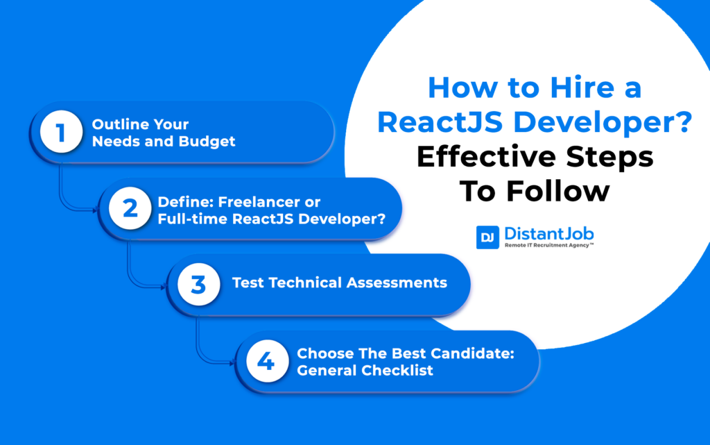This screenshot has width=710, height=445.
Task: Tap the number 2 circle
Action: pos(130,209)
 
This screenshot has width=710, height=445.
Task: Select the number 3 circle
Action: pos(199,284)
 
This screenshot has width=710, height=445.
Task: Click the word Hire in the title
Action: pos(565,89)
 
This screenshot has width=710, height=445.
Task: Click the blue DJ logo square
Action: pos(488,238)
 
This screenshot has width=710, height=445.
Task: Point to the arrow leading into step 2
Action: pos(94,209)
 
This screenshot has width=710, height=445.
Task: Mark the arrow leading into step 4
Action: pos(230,361)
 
